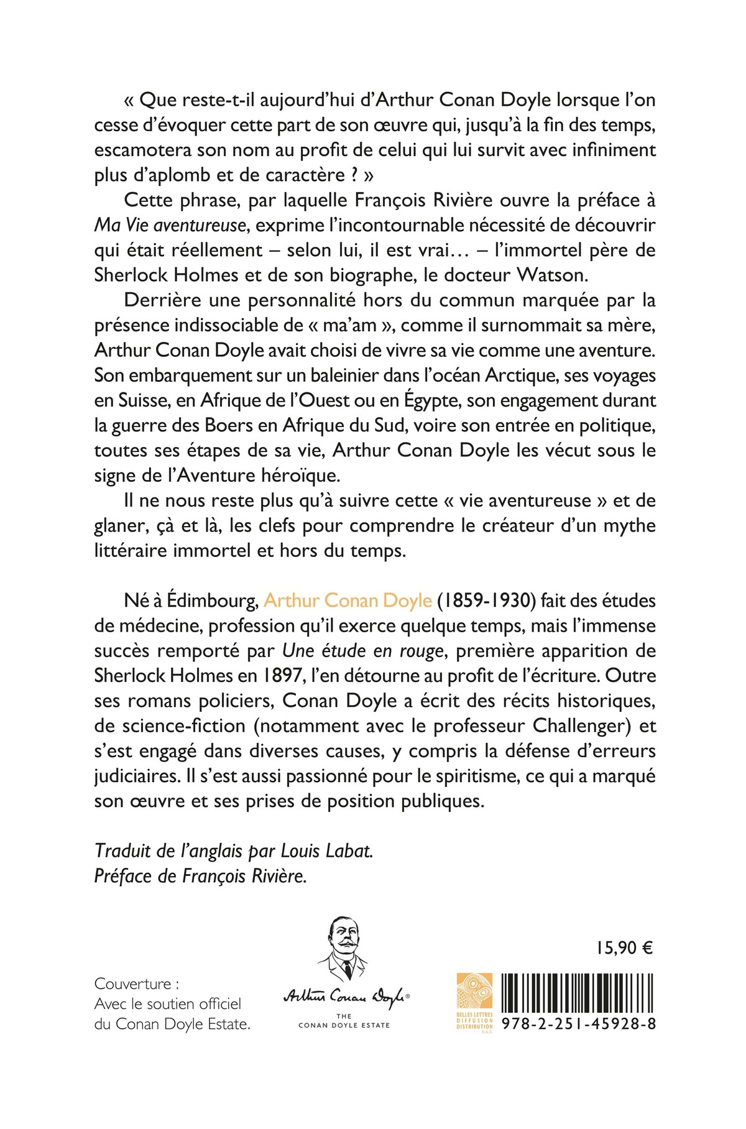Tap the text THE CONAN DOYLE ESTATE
(x=344, y=1021)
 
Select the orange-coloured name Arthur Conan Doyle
(x=348, y=601)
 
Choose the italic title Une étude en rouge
(x=363, y=651)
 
